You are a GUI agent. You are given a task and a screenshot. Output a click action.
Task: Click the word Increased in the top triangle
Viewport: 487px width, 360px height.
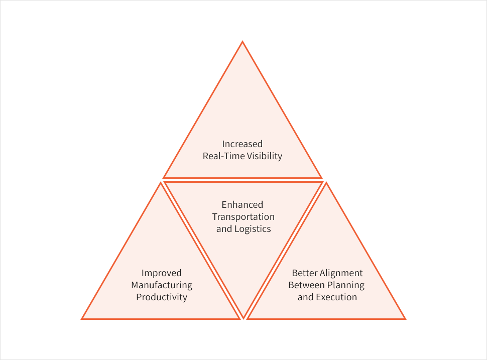[x=242, y=144]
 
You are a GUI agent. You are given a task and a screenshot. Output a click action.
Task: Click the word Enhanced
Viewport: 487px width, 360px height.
[x=242, y=205]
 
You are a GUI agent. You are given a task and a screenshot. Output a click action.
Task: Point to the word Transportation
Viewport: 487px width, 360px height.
[x=243, y=217]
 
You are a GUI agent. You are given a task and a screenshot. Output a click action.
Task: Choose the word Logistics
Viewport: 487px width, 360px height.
[x=253, y=229]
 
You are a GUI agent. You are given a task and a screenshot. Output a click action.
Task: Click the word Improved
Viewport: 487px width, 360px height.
[x=162, y=273]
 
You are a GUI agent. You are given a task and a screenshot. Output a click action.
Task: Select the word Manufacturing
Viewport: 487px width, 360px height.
[x=162, y=285]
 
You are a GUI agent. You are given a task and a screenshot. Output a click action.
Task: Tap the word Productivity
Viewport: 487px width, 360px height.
[x=162, y=297]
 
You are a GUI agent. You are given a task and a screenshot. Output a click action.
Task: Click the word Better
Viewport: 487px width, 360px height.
[x=304, y=273]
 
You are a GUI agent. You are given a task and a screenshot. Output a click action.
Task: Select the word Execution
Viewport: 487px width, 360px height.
[x=336, y=297]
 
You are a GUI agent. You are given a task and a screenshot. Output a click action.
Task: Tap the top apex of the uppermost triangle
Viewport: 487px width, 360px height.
[x=242, y=41]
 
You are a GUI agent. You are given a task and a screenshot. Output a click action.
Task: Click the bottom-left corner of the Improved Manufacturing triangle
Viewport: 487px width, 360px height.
[x=82, y=319]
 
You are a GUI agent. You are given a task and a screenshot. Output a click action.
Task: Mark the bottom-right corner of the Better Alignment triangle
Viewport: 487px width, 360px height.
[x=405, y=319]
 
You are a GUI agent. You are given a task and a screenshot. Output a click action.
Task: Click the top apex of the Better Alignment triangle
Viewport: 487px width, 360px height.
[x=326, y=183]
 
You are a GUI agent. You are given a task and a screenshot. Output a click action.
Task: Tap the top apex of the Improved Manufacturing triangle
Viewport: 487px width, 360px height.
[x=161, y=183]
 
